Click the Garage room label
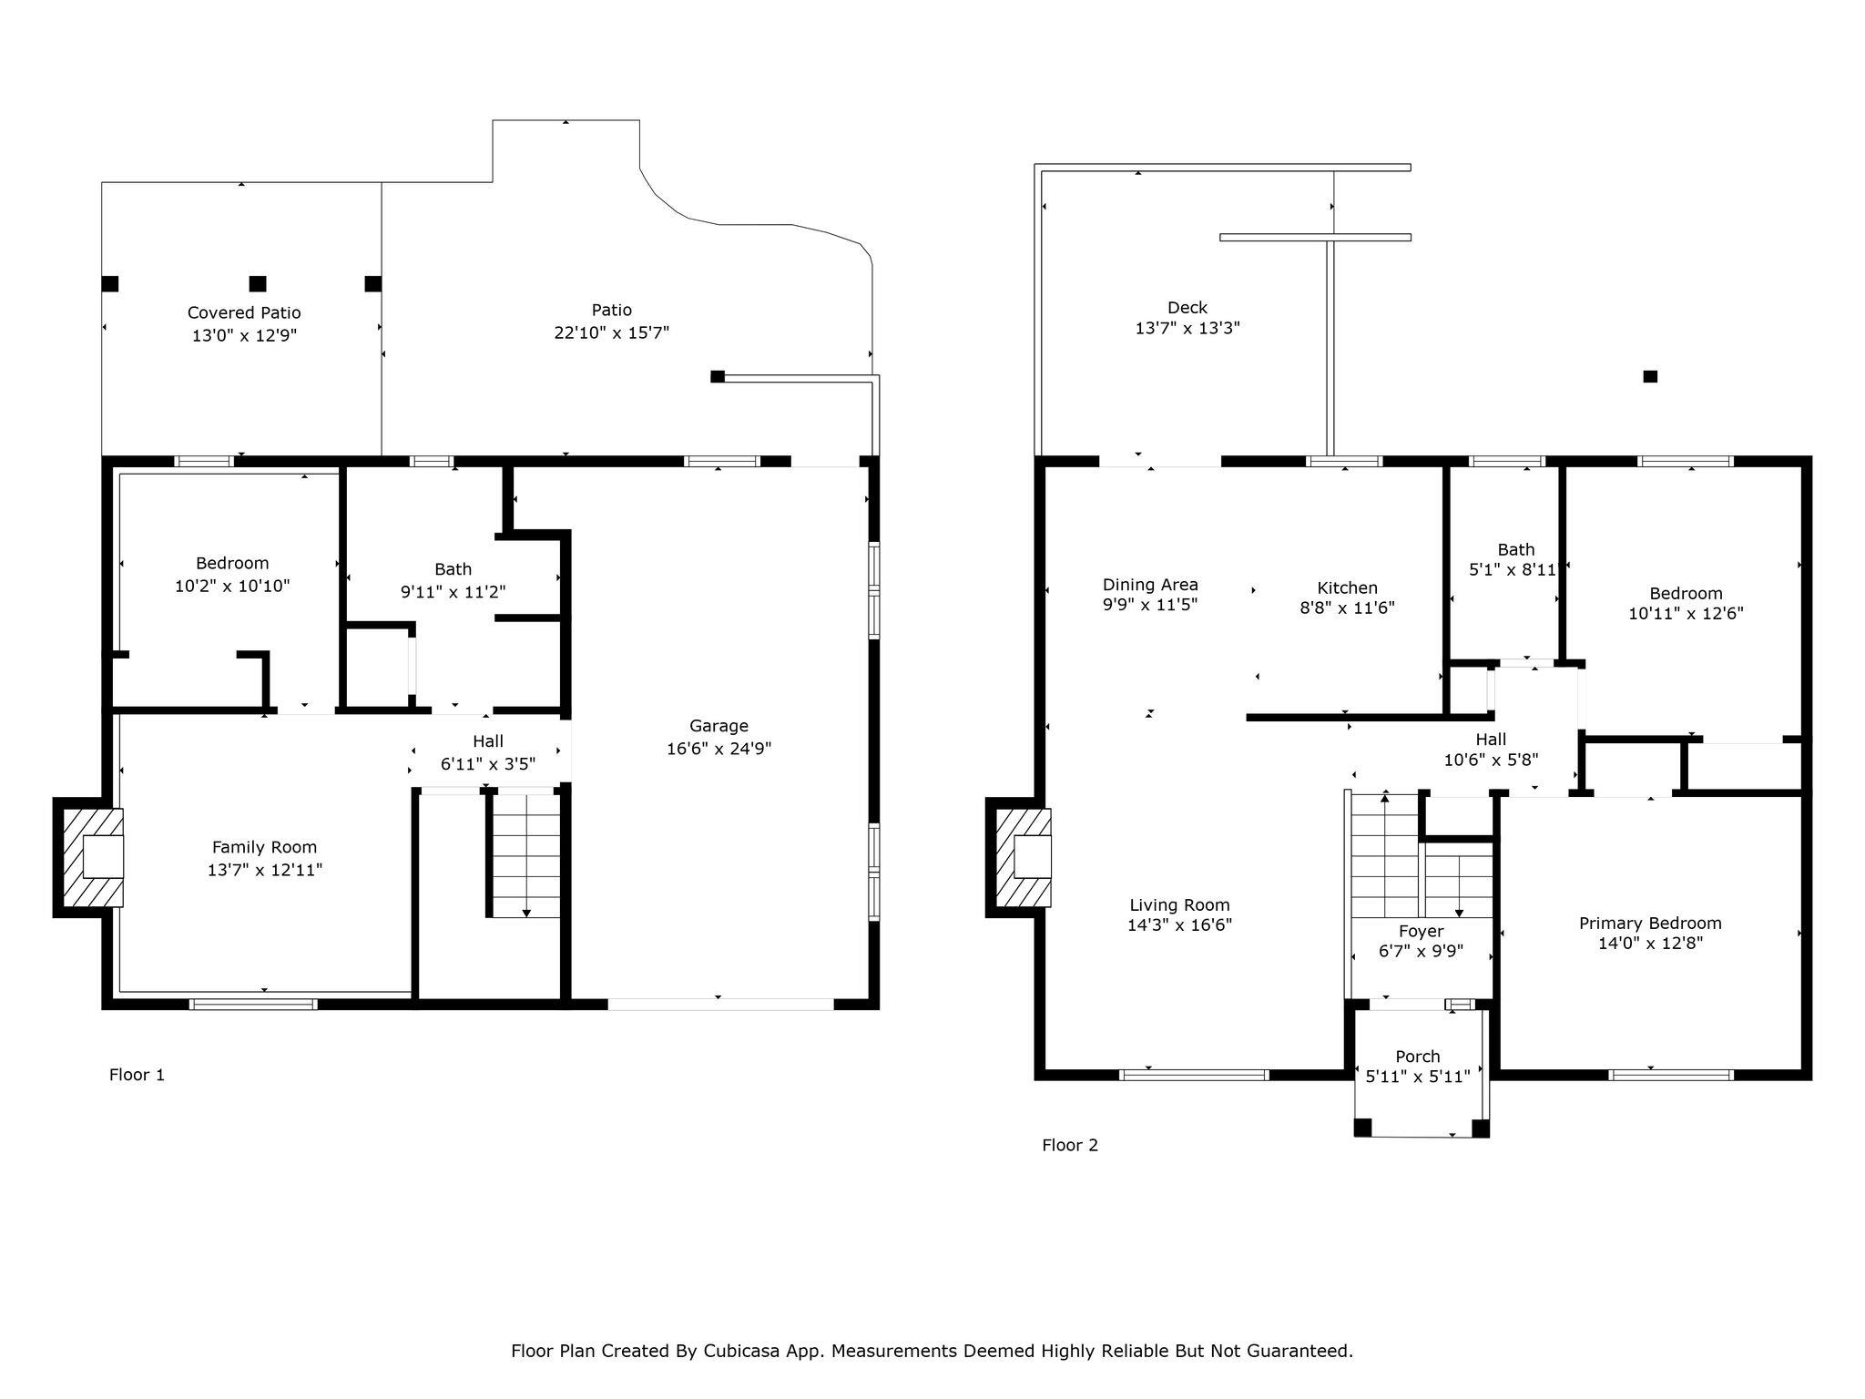tap(718, 726)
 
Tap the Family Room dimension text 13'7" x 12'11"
tap(264, 870)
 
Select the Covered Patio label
tap(244, 313)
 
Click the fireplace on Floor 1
tap(88, 857)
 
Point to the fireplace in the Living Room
tap(1019, 857)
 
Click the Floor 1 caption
tap(137, 1075)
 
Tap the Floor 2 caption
tap(1070, 1145)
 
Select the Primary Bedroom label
tap(1650, 923)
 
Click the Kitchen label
tap(1347, 587)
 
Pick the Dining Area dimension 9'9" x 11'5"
tap(1150, 604)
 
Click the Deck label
tap(1187, 308)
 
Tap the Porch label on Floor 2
tap(1418, 1057)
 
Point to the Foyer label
tap(1421, 931)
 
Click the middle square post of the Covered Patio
tap(258, 283)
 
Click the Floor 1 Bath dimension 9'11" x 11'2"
tap(454, 592)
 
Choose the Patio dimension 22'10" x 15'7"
tap(612, 332)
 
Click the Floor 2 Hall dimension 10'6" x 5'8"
tap(1492, 760)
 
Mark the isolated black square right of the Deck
tap(1650, 376)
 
